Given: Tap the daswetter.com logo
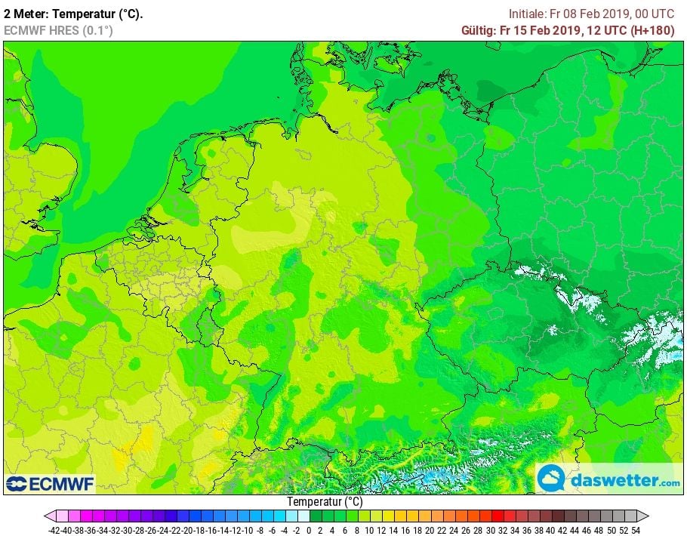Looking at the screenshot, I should coord(608,479).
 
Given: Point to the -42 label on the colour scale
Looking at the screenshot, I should coord(54,530).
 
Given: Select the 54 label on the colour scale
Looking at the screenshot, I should coord(636,530).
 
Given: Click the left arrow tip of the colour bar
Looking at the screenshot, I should coord(46,516).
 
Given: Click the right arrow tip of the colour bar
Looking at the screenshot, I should coord(647,516).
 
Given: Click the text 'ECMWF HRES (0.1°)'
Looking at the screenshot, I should coord(58,31).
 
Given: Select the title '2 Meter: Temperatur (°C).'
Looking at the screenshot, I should coord(73,14).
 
